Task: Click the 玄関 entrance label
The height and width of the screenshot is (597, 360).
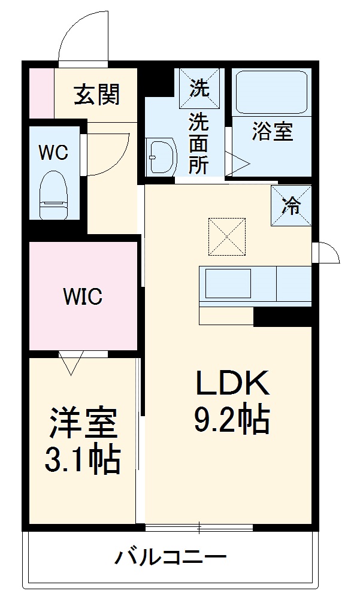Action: [x=96, y=94]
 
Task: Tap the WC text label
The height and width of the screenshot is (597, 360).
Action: [x=53, y=152]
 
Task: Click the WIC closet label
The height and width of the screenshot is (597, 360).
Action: [x=83, y=296]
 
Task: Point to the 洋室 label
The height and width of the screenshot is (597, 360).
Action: [x=83, y=424]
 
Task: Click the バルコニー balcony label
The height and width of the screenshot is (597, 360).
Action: [x=171, y=559]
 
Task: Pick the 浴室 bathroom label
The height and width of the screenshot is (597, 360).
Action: [x=273, y=132]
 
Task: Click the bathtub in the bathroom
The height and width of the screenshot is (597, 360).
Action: [x=271, y=93]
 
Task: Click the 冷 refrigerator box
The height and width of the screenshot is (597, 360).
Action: [x=292, y=206]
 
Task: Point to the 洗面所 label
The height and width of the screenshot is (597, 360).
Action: [x=199, y=144]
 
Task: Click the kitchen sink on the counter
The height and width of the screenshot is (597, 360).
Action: [x=228, y=283]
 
